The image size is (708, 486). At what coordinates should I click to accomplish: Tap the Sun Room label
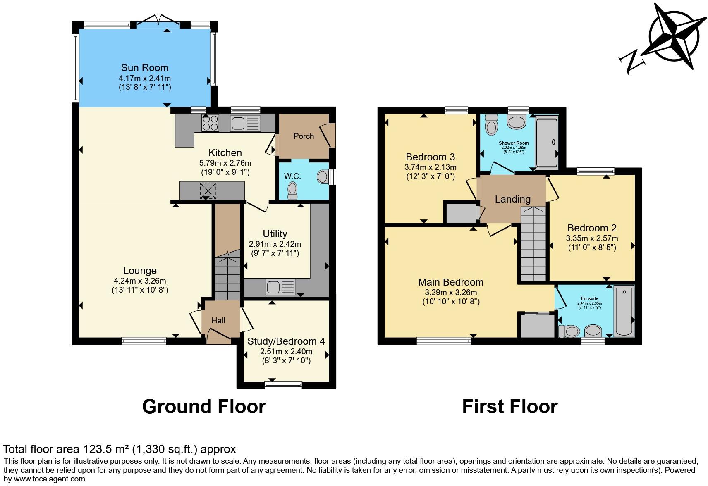tap(144, 68)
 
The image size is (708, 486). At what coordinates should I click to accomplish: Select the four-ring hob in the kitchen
tap(210, 123)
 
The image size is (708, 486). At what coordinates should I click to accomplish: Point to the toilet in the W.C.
tap(293, 190)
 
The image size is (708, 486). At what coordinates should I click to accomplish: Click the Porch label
tap(304, 136)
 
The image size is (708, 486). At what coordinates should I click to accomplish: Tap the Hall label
tap(218, 321)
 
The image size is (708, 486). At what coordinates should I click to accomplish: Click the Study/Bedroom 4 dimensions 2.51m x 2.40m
tap(286, 352)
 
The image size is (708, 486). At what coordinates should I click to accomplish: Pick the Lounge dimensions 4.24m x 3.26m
tap(140, 281)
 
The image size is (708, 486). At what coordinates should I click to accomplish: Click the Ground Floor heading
tap(204, 407)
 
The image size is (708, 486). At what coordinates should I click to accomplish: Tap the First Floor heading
tap(509, 407)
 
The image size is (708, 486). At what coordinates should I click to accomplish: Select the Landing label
tap(512, 199)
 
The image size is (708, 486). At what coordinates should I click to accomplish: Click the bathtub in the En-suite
tap(624, 310)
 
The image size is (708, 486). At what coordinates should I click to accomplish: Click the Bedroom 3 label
tap(430, 157)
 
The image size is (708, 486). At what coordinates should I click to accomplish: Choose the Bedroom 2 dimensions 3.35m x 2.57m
tap(592, 238)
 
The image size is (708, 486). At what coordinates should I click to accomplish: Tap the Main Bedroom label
tap(451, 282)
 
